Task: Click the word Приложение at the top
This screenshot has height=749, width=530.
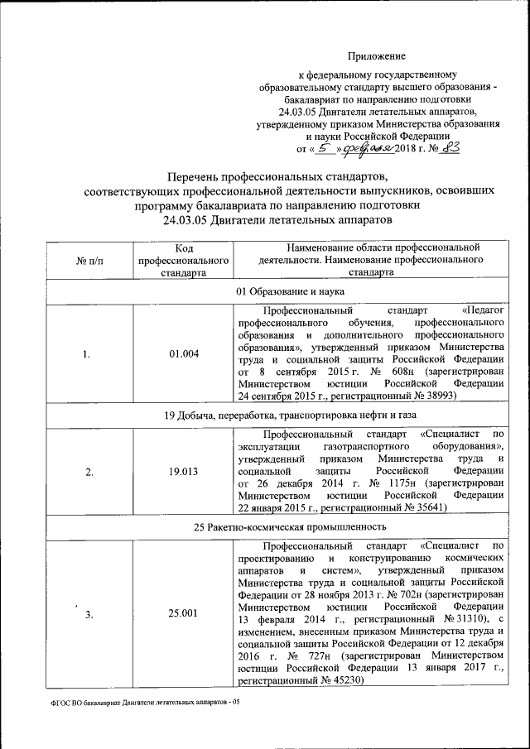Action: point(377,56)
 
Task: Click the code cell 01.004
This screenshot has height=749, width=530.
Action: point(184,354)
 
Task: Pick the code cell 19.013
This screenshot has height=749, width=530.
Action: point(184,473)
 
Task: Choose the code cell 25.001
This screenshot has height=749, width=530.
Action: point(184,613)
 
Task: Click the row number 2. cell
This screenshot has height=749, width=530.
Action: point(89,473)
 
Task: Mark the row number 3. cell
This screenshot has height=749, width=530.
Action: point(89,614)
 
